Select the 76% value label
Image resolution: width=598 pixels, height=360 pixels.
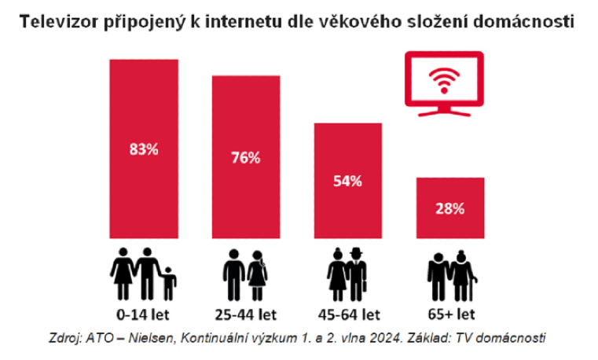[x=245, y=157]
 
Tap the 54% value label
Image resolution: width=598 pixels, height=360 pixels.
[x=347, y=181]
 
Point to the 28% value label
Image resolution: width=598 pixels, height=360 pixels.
[x=449, y=208]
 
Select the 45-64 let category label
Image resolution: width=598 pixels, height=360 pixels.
[x=347, y=314]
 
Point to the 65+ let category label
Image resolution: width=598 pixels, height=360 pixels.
[x=450, y=314]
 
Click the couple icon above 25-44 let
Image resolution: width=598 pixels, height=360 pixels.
[x=246, y=274]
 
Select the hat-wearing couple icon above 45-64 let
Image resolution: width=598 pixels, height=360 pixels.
[x=347, y=274]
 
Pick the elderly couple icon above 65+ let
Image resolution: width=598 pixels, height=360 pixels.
[x=450, y=277]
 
